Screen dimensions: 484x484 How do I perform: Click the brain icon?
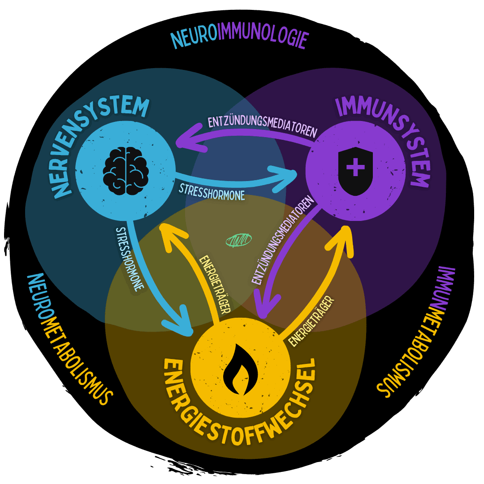tap(126, 167)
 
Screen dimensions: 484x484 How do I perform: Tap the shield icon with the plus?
tap(355, 170)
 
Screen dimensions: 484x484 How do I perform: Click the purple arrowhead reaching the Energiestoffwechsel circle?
tap(265, 305)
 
